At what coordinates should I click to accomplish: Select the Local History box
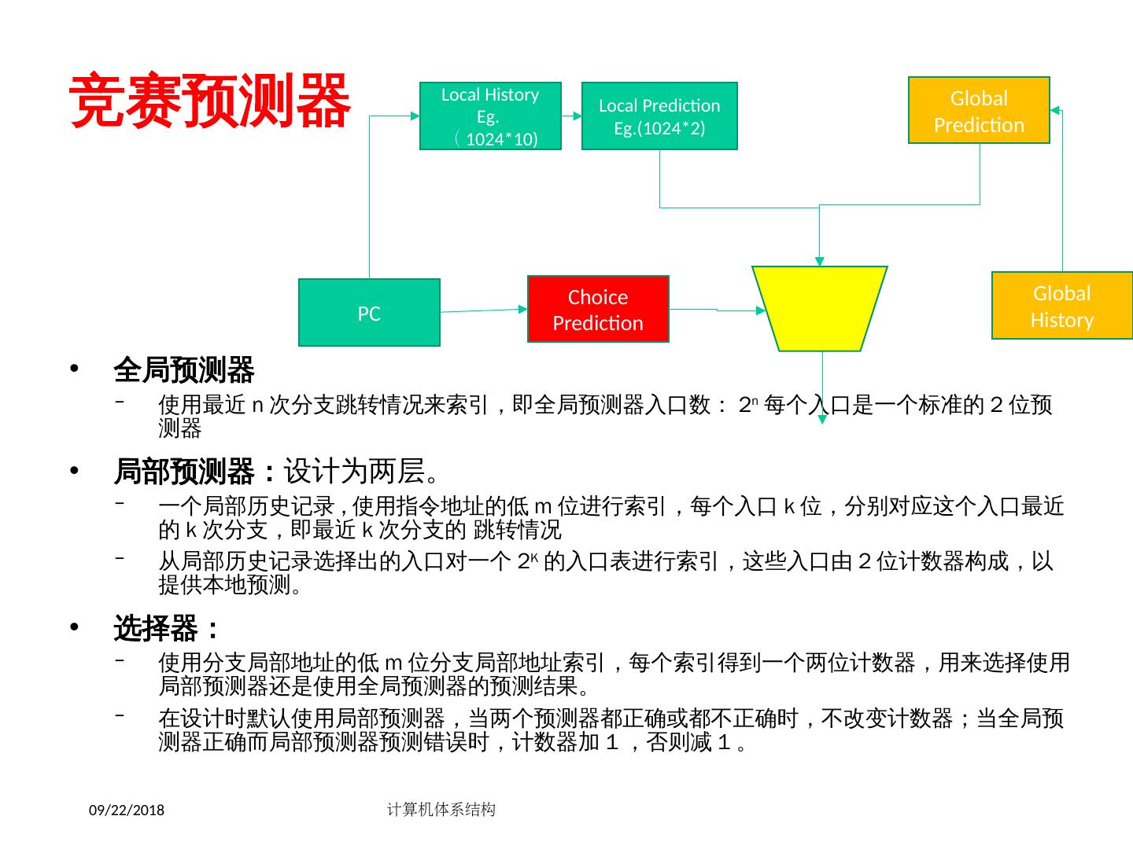coord(490,116)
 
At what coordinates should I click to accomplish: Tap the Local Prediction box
coord(659,116)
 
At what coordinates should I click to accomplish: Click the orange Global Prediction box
coord(979,110)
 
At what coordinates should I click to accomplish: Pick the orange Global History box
coord(1061,306)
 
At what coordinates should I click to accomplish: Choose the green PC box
coord(369,313)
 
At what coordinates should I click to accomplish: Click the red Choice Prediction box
coord(598,309)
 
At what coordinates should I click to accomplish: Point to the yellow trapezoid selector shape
coord(820,308)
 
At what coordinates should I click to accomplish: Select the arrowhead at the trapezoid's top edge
coord(820,261)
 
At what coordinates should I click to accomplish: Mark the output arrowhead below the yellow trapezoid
coord(822,419)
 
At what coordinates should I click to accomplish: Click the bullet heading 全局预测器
coord(184,369)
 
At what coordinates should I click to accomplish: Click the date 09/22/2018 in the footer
coord(126,810)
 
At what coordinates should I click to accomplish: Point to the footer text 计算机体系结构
coord(441,809)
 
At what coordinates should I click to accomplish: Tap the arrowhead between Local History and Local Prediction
coord(578,116)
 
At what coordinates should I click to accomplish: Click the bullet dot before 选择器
coord(76,629)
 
